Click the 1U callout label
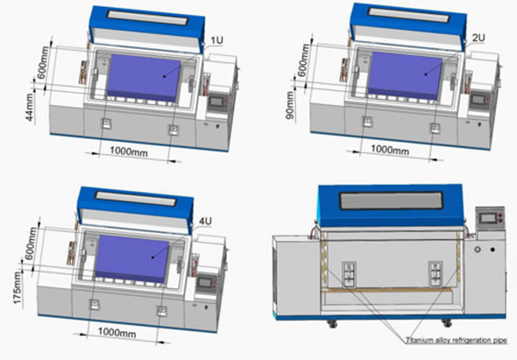[217, 40]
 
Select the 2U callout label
[478, 38]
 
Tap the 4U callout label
[205, 222]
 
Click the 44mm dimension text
[30, 107]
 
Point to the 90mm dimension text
[290, 105]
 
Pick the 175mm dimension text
[18, 288]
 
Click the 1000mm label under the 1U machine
[129, 152]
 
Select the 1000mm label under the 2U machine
[390, 150]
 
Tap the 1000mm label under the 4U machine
[117, 332]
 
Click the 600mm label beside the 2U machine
[304, 60]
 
